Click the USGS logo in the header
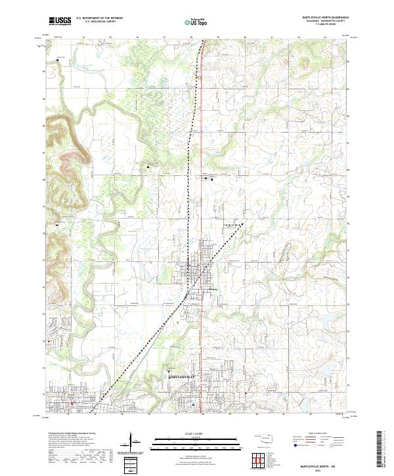click(x=60, y=21)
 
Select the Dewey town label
click(x=211, y=288)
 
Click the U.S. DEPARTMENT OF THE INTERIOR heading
click(x=99, y=18)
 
